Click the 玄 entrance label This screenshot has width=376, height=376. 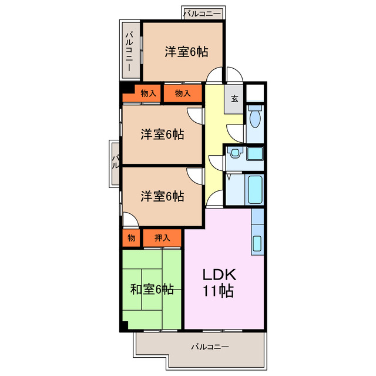click(x=234, y=99)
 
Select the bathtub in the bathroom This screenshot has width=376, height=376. click(x=254, y=189)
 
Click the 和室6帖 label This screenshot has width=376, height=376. click(x=152, y=289)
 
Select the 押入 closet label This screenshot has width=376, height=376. click(x=162, y=238)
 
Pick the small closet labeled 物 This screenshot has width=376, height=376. click(x=131, y=238)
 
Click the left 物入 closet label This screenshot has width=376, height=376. click(x=148, y=93)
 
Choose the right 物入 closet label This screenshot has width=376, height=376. click(x=183, y=93)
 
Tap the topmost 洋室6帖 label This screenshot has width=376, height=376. click(x=186, y=52)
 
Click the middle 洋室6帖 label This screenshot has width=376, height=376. click(x=162, y=135)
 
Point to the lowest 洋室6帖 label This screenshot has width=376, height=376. click(x=162, y=196)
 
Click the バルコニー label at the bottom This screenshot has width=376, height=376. click(x=210, y=347)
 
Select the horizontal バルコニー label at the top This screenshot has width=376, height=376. click(x=202, y=12)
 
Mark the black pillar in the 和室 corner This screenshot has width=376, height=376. click(x=123, y=326)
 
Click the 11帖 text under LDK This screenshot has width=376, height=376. click(x=219, y=290)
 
